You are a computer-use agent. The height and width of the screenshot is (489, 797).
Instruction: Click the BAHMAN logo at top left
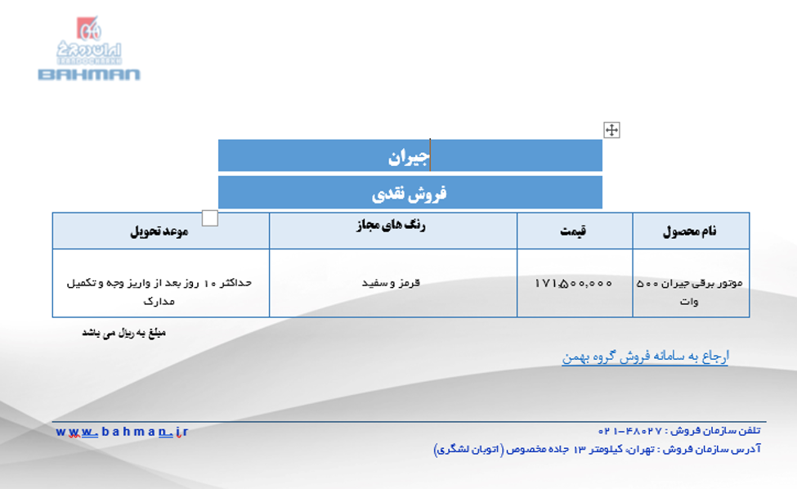click(89, 49)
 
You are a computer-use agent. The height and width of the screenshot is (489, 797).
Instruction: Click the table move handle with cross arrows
click(611, 130)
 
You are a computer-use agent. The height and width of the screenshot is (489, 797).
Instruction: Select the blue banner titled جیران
click(410, 155)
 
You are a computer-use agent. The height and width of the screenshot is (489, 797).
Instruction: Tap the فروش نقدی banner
click(410, 193)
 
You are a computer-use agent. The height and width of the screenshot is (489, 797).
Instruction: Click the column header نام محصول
click(690, 231)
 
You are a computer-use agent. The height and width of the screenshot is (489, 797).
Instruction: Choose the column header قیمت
click(573, 231)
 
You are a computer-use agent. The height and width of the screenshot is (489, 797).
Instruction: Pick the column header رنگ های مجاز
click(391, 225)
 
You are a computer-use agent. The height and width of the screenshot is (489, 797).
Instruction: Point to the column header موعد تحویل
click(159, 231)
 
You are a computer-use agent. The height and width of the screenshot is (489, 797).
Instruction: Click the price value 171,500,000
click(573, 283)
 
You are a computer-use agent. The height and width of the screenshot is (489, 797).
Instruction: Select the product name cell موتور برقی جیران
click(690, 291)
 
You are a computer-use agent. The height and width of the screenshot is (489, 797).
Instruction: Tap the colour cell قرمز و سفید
click(391, 283)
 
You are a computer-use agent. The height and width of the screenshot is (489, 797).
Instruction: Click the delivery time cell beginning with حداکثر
click(159, 291)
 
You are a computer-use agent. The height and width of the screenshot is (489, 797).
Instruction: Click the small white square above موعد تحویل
click(210, 218)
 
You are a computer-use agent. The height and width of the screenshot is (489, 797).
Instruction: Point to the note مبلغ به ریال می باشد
click(124, 333)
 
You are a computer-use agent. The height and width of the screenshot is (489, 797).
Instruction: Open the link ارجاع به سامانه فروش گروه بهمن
click(645, 357)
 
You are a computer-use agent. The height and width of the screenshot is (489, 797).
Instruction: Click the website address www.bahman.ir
click(122, 432)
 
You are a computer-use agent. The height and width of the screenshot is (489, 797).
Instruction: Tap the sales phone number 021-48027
click(630, 431)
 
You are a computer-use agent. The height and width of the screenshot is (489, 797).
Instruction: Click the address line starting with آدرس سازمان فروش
click(598, 450)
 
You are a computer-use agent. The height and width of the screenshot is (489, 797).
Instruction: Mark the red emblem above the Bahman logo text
click(88, 28)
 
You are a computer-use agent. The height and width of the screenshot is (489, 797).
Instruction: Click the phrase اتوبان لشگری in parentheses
click(468, 450)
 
